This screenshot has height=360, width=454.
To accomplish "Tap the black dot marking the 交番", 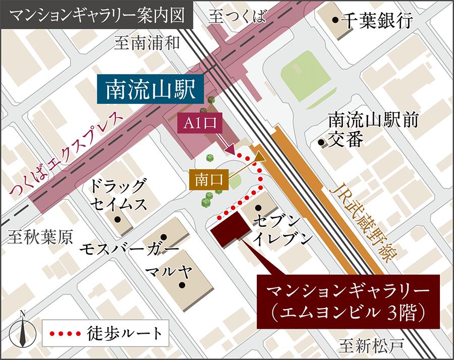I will (321, 142).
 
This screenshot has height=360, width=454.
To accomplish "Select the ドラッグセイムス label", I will (119, 195).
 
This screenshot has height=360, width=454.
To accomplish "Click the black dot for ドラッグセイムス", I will (118, 219).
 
